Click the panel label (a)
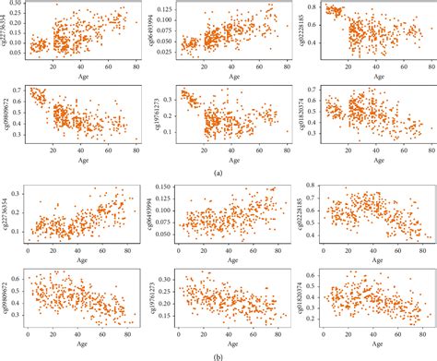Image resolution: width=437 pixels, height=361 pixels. click(218, 173)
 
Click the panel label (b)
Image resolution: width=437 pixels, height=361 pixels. click(218, 355)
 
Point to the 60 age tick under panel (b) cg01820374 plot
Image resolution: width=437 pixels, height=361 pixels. click(398, 335)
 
